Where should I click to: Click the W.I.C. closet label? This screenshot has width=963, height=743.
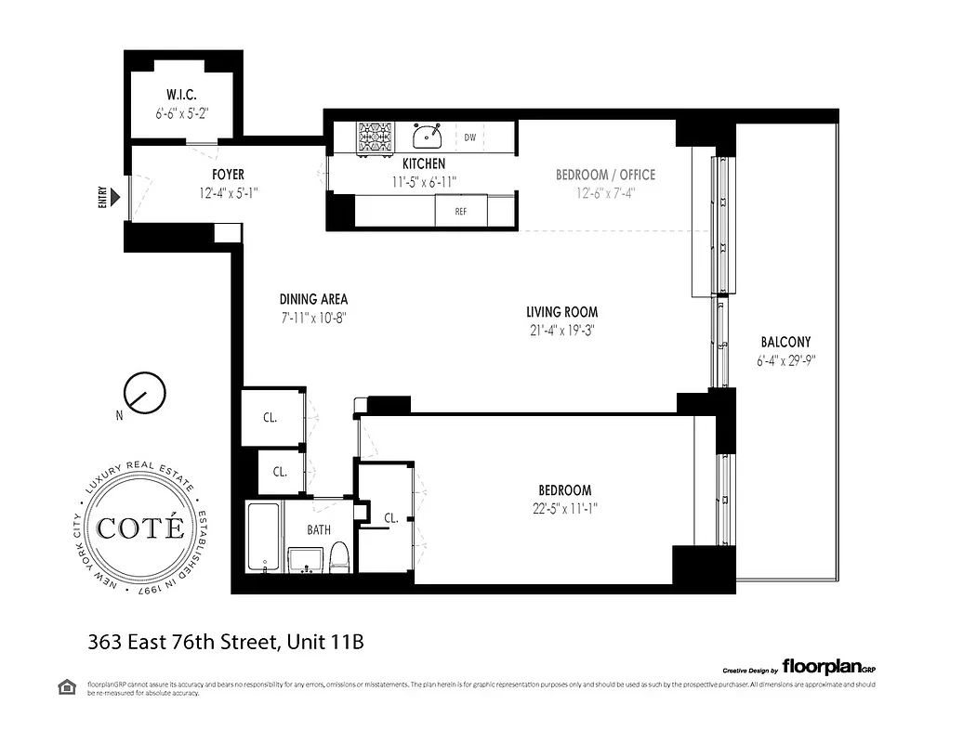182,95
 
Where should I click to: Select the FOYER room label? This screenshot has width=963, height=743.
228,175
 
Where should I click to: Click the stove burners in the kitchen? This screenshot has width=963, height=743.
376,137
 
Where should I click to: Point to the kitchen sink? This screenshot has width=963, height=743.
428,137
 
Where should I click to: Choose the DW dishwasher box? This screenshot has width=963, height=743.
470,137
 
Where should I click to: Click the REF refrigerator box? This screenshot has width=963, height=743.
460,211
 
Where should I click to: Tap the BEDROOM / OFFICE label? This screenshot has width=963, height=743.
605,175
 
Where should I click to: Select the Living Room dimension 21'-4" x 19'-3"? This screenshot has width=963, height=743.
561,330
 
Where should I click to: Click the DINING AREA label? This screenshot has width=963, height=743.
313,299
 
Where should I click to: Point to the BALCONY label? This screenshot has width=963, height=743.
785,342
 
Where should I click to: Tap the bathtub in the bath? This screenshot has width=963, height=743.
265,537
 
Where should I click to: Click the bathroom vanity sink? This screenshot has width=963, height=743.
306,559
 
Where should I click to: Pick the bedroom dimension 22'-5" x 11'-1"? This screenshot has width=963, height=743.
564,508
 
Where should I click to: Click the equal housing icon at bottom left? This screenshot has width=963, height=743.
66,686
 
